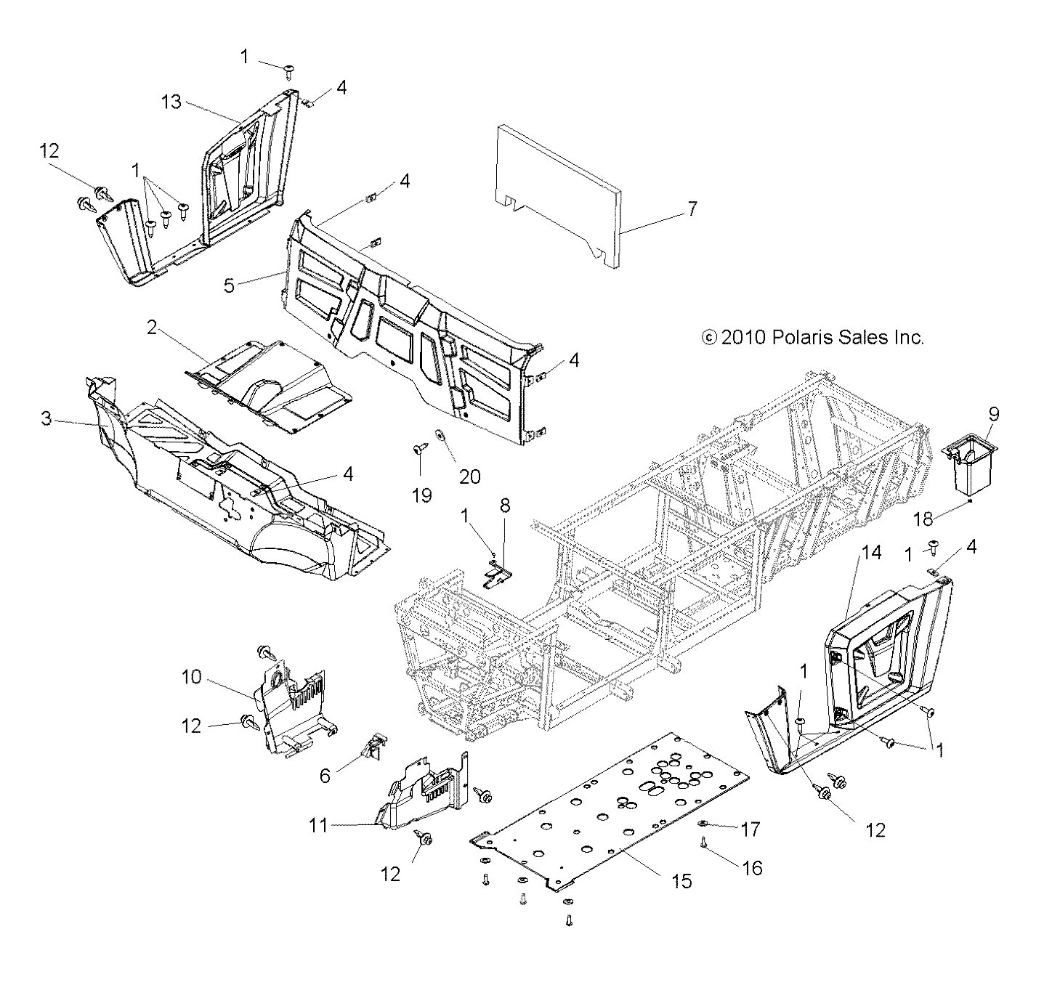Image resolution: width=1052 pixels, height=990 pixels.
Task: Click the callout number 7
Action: click(692, 209)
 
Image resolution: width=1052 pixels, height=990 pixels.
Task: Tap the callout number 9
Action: click(993, 415)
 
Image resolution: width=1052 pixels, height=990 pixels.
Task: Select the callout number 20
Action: click(470, 476)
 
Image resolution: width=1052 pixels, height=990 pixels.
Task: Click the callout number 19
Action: click(421, 495)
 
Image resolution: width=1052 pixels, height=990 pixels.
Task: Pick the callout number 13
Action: click(171, 102)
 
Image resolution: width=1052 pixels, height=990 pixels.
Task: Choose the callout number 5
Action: click(229, 285)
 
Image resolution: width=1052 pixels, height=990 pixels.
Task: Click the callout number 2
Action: click(152, 328)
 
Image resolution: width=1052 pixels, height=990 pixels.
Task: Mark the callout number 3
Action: click(46, 419)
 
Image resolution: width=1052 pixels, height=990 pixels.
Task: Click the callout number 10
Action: click(191, 676)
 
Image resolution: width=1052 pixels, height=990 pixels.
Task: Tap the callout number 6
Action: click(325, 776)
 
